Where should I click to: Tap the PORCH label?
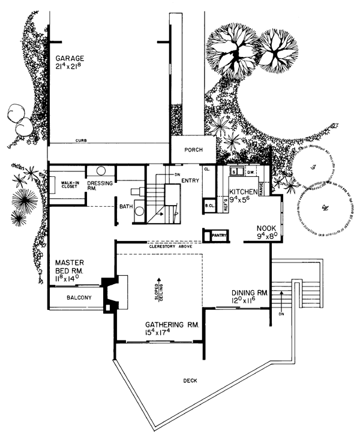point(191,150)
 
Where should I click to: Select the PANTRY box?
point(217,236)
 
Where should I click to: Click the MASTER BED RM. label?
point(73,267)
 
